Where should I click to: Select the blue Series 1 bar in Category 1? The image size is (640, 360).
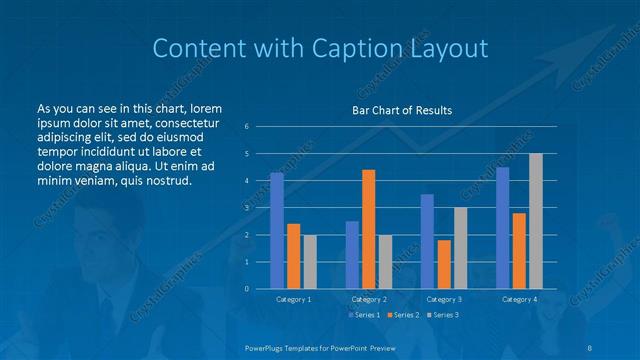[277, 231]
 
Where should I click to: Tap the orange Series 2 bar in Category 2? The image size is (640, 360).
[368, 229]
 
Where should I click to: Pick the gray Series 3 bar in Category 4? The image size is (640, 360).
[536, 221]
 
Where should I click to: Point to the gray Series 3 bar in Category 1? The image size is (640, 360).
[309, 262]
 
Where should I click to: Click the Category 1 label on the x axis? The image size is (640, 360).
[293, 299]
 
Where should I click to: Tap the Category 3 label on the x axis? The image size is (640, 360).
[444, 299]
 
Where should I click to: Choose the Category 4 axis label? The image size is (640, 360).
[519, 299]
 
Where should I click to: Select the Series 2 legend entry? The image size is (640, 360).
[400, 315]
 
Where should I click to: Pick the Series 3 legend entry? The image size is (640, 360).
[440, 315]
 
